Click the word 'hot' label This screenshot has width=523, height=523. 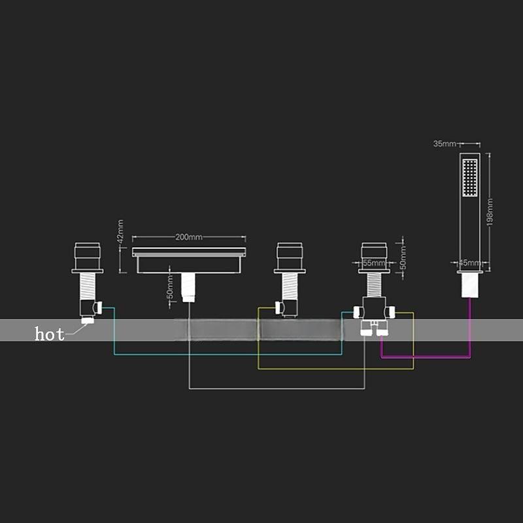[50, 334]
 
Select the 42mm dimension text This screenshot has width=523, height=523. [120, 231]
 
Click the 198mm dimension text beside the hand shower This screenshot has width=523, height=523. [490, 211]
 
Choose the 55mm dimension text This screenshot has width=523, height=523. [374, 263]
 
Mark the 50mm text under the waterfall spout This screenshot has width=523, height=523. [169, 286]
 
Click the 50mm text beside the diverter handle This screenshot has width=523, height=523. [403, 256]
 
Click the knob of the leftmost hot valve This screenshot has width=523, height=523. [88, 253]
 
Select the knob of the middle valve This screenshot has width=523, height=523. [288, 253]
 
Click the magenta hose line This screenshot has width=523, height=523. [425, 358]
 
